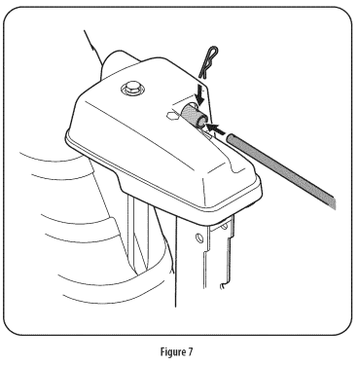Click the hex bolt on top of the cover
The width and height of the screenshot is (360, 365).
(129, 90)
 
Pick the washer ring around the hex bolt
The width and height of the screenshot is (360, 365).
(129, 93)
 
